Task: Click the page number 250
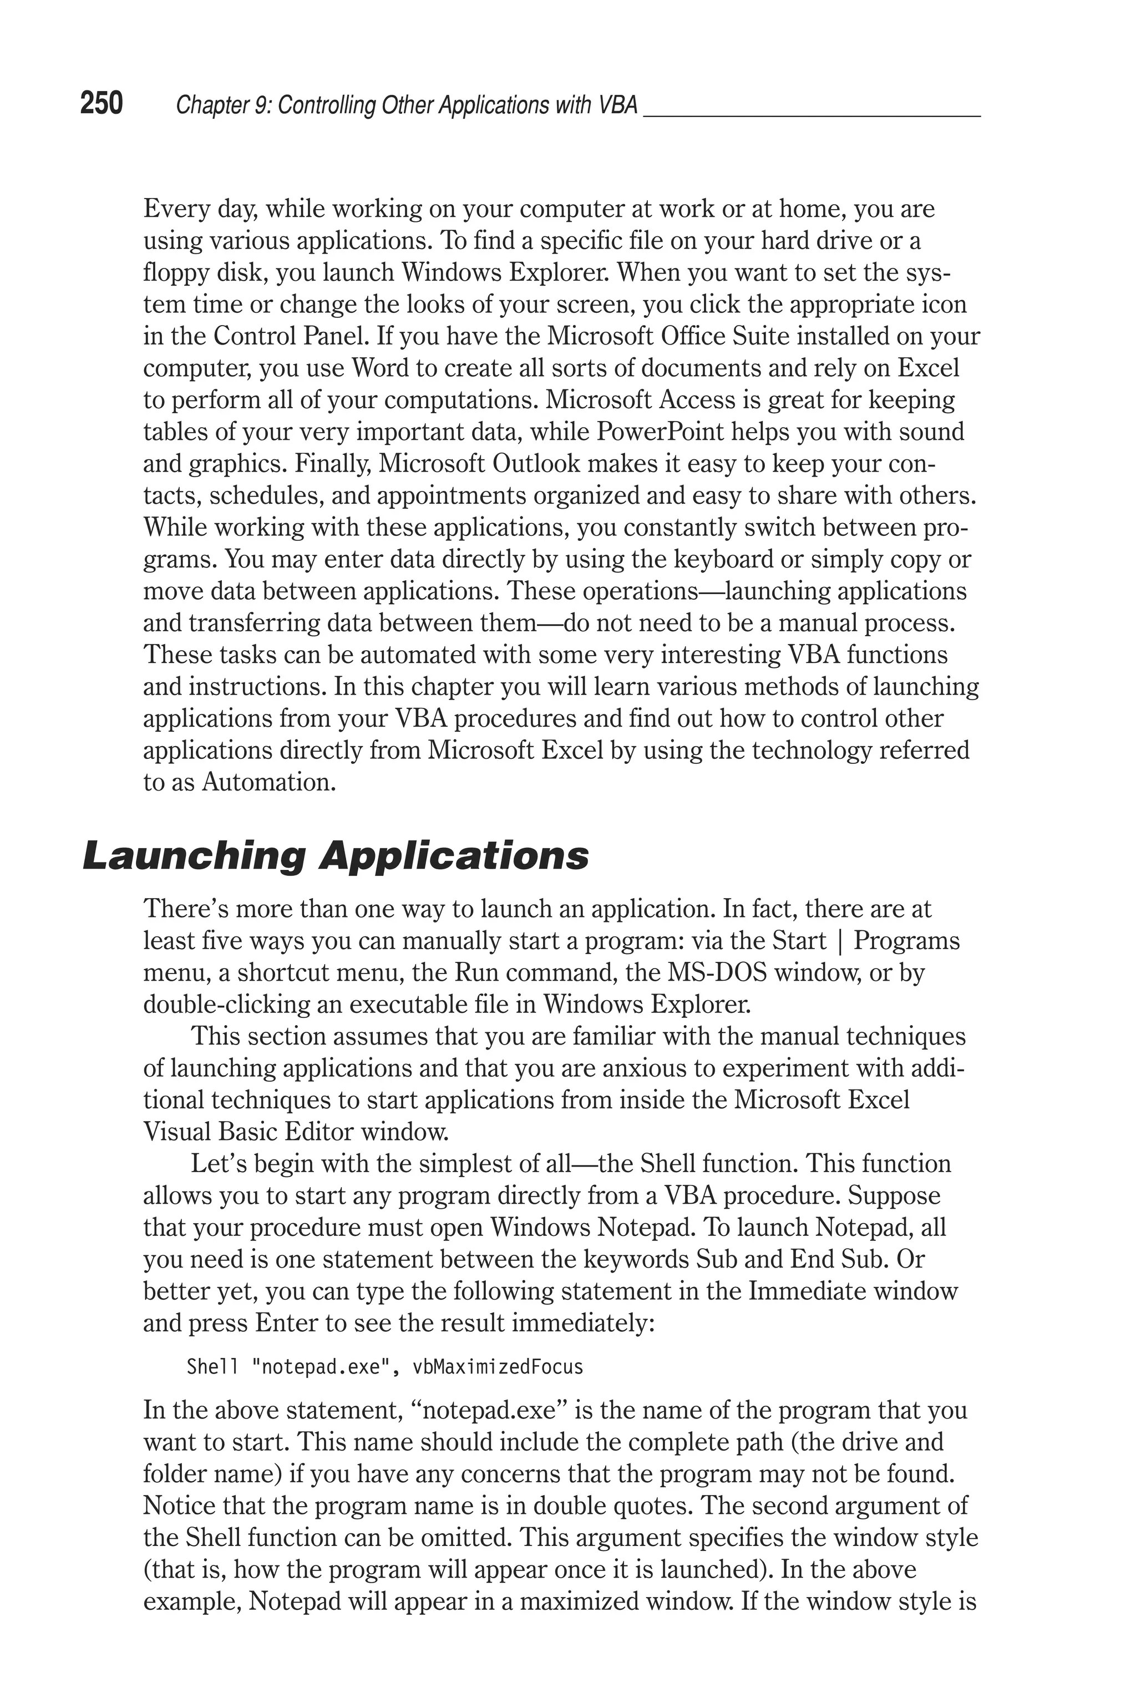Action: (102, 104)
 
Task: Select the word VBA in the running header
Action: (618, 106)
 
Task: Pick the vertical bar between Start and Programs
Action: (840, 941)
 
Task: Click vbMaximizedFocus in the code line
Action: (498, 1367)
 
